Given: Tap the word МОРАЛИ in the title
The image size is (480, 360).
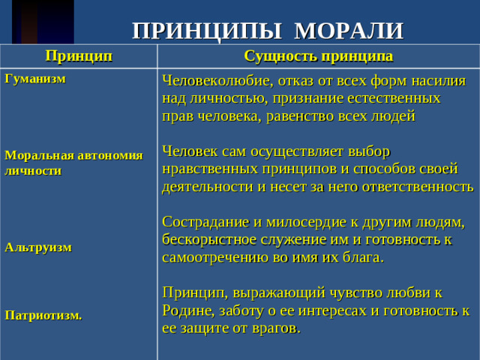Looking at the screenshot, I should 349,31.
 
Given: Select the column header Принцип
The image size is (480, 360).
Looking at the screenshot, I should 79,55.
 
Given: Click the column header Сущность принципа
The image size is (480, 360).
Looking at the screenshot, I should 318,55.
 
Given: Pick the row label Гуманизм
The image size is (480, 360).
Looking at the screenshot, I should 35,78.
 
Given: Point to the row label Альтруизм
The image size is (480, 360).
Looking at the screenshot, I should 38,247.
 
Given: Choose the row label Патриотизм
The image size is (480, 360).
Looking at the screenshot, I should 43,316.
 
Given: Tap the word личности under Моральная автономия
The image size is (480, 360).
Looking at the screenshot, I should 33,170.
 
